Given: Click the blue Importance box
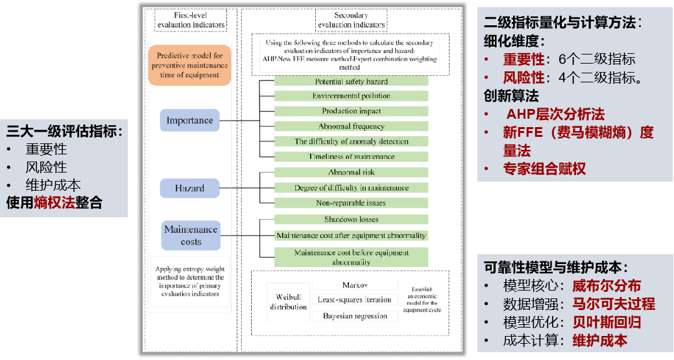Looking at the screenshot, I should (x=189, y=121).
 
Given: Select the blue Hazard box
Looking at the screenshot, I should (x=189, y=188).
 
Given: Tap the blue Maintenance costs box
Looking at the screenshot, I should (x=191, y=235).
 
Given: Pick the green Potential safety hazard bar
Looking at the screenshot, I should (x=351, y=81).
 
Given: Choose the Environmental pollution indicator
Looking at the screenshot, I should (x=351, y=96).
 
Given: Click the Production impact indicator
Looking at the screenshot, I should (x=351, y=111).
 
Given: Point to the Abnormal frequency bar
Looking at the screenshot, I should (x=351, y=126).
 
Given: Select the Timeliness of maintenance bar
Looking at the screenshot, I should (x=351, y=156).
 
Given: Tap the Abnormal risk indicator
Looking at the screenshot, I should (x=351, y=172).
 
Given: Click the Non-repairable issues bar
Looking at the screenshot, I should (x=351, y=203).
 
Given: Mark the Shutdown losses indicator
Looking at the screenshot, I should (x=351, y=219).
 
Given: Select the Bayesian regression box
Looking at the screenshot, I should (x=355, y=316).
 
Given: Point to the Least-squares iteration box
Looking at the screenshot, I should (x=355, y=300).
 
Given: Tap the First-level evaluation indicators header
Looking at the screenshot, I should (x=191, y=20).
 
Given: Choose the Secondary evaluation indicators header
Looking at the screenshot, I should (x=351, y=20).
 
